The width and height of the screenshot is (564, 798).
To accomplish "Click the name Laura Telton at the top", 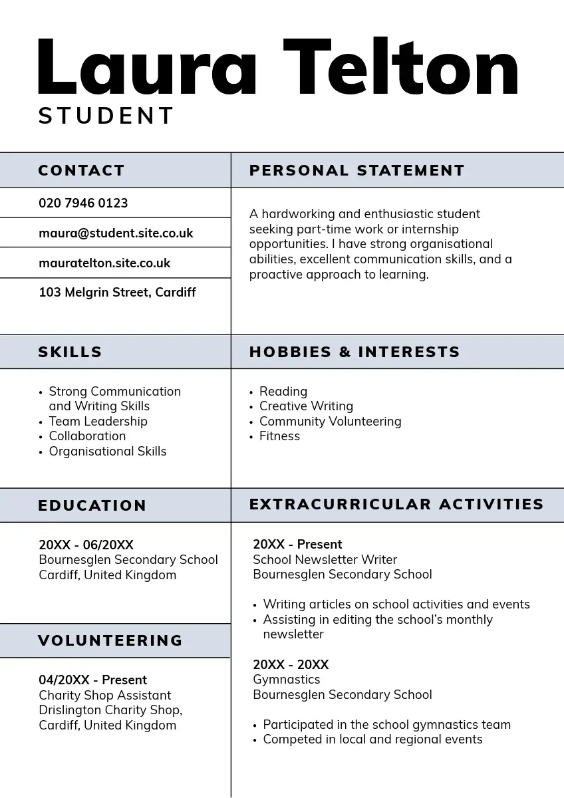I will pyautogui.click(x=278, y=68).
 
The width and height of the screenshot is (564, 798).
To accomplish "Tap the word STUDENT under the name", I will pyautogui.click(x=106, y=116).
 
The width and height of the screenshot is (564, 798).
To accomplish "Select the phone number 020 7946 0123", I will pyautogui.click(x=83, y=203).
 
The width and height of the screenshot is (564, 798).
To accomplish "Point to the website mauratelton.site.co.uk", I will pyautogui.click(x=104, y=263).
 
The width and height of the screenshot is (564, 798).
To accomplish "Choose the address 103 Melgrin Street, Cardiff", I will pyautogui.click(x=117, y=293).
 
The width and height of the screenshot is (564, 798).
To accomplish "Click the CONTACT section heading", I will pyautogui.click(x=81, y=171).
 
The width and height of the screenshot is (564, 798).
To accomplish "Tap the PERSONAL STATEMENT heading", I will pyautogui.click(x=356, y=171).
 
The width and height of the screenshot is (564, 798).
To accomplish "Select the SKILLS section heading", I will pyautogui.click(x=70, y=352).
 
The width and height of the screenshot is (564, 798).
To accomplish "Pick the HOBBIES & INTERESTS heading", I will pyautogui.click(x=354, y=352).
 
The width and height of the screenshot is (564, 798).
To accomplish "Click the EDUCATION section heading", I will pyautogui.click(x=92, y=506).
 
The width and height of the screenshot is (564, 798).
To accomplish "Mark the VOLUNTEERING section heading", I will pyautogui.click(x=110, y=641).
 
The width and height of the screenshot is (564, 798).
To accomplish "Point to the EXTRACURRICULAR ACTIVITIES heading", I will pyautogui.click(x=396, y=505).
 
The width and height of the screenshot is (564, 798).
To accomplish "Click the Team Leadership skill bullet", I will pyautogui.click(x=98, y=422).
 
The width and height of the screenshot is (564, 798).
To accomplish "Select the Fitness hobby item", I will pyautogui.click(x=279, y=436).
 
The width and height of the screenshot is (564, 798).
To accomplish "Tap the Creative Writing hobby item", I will pyautogui.click(x=306, y=406).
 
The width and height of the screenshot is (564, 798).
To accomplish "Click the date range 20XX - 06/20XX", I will pyautogui.click(x=86, y=545).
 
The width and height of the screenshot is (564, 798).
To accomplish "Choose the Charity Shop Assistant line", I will pyautogui.click(x=104, y=696).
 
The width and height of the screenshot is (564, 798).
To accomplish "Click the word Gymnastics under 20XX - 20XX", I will pyautogui.click(x=286, y=680).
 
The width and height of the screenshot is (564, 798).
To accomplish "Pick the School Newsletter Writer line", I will pyautogui.click(x=325, y=560).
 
